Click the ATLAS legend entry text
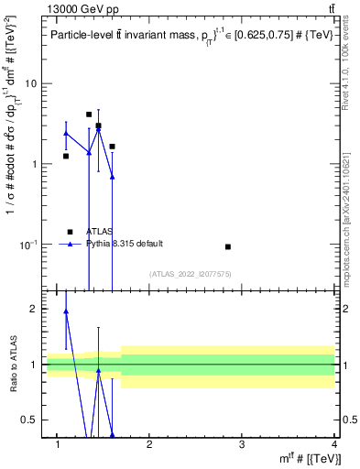click(100, 232)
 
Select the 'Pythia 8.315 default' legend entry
click(125, 244)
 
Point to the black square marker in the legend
click(71, 232)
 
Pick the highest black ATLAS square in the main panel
click(89, 115)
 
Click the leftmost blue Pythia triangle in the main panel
click(66, 134)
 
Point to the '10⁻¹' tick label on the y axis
click(28, 245)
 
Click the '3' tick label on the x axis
click(241, 444)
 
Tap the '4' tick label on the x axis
click(333, 444)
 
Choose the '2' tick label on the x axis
click(149, 444)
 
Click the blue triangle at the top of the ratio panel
click(66, 311)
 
